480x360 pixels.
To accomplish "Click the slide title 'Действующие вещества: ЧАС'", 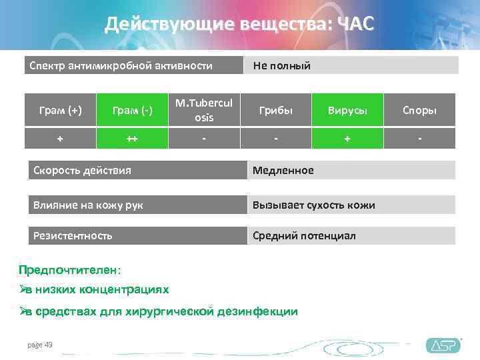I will (239, 24).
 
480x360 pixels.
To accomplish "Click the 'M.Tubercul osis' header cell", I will (204, 110).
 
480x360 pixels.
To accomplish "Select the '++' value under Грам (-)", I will (132, 139).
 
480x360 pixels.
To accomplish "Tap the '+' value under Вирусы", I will (347, 139).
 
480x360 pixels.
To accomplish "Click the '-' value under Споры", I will (420, 139).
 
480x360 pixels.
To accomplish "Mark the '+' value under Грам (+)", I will (60, 139).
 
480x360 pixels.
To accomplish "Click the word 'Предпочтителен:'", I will (70, 270).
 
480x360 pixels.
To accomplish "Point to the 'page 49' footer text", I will (39, 345).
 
